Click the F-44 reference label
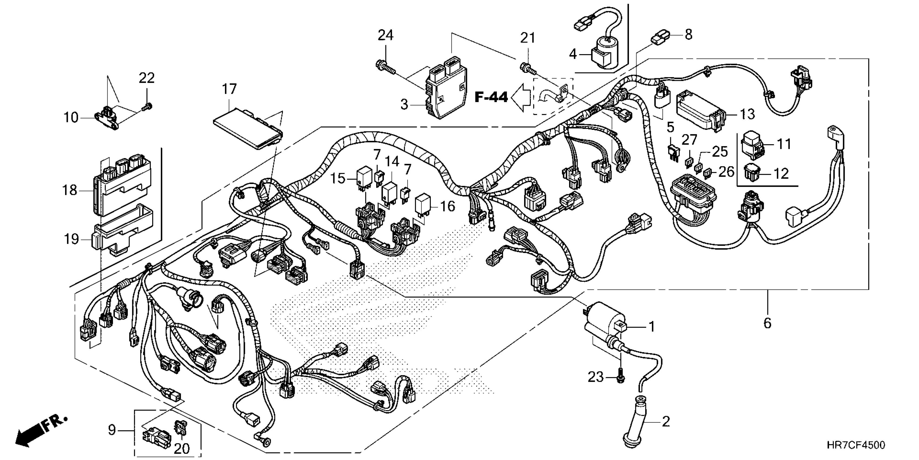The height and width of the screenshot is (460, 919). (491, 97)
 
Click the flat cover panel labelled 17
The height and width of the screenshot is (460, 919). (248, 129)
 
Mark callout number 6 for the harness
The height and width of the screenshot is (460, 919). (767, 323)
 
